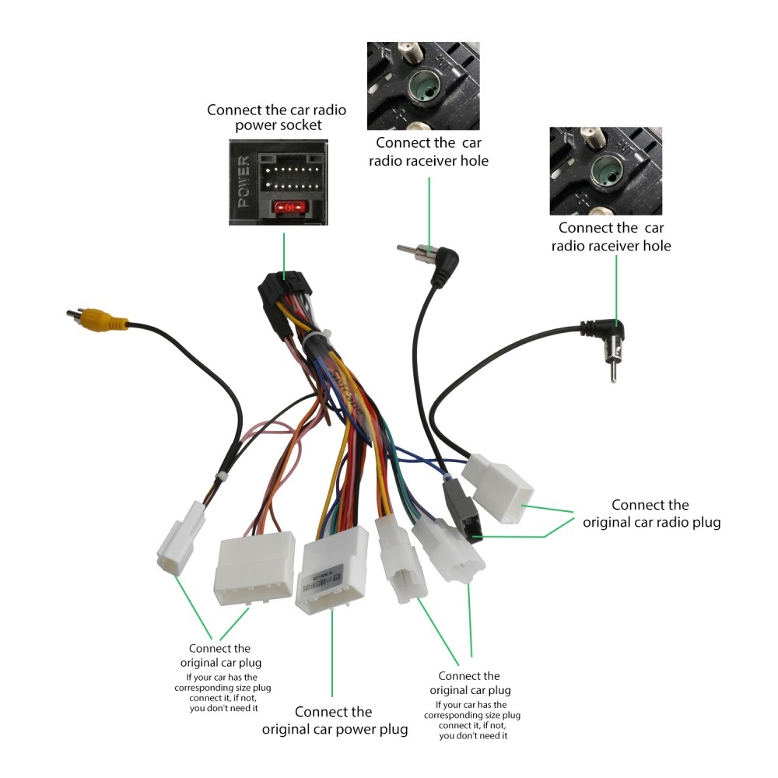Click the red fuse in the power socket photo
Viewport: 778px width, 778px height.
[x=289, y=209]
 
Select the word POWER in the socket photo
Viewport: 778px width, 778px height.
[x=244, y=181]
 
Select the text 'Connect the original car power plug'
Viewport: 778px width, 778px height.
[x=335, y=720]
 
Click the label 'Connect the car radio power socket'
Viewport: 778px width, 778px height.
[x=276, y=117]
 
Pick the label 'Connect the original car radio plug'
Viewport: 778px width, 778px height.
[x=651, y=513]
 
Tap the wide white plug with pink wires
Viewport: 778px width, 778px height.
[x=254, y=568]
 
